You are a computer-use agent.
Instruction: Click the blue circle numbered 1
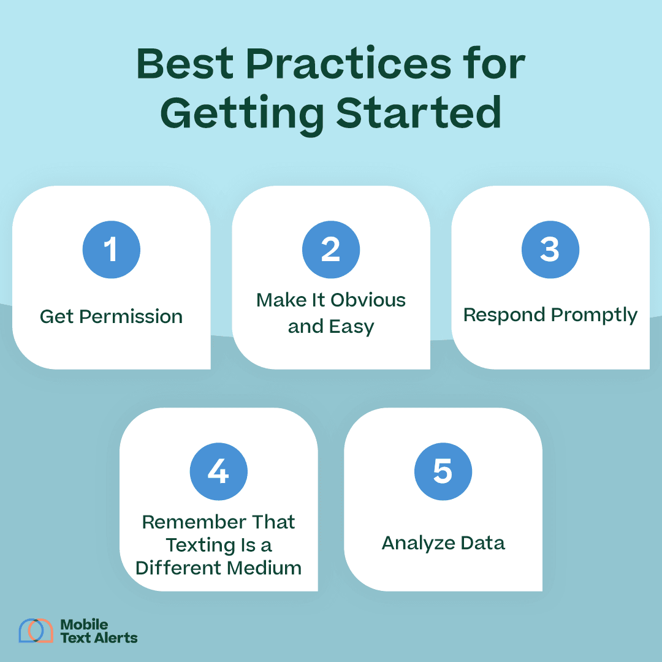tap(112, 250)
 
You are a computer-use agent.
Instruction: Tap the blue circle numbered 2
tap(331, 250)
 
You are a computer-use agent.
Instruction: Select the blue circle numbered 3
tap(550, 250)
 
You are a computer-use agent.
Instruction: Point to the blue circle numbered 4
tap(219, 472)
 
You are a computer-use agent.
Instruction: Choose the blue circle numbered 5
tap(443, 472)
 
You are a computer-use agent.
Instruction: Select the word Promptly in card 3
tap(594, 316)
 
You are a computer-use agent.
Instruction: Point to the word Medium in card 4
tap(269, 568)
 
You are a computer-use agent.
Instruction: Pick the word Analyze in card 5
tap(417, 544)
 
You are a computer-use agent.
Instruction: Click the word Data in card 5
tap(483, 543)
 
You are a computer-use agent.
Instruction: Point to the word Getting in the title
tap(242, 114)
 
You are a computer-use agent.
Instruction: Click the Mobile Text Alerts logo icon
tap(36, 631)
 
